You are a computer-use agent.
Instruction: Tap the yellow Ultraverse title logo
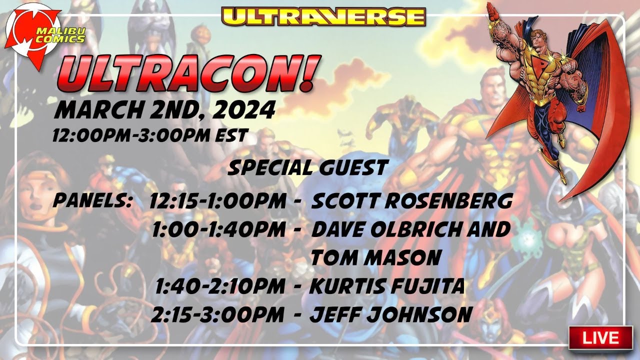[x=324, y=16]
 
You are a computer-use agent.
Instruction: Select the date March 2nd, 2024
[x=165, y=110]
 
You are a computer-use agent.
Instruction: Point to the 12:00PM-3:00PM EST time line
[x=150, y=135]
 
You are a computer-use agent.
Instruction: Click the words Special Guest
[x=307, y=168]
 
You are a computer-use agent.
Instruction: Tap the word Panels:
[x=92, y=201]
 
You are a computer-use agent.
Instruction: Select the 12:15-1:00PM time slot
[x=218, y=201]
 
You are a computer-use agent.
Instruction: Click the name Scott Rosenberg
[x=412, y=201]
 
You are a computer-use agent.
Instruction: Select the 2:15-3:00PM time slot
[x=218, y=315]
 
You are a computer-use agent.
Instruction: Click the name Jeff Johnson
[x=391, y=315]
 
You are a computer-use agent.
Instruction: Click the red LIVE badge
[x=600, y=337]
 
